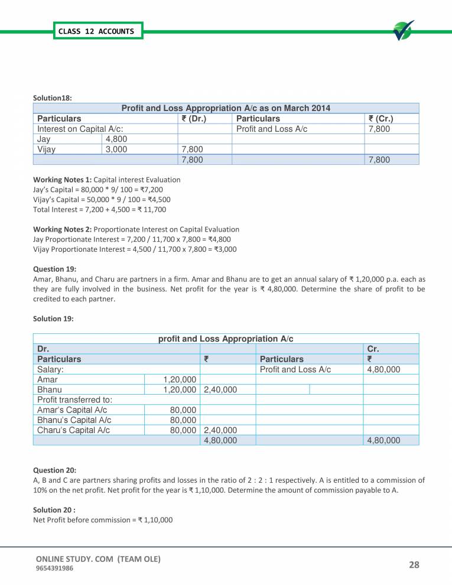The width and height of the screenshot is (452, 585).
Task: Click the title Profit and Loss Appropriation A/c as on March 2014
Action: click(225, 108)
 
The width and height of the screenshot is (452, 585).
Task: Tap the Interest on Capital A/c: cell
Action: click(80, 129)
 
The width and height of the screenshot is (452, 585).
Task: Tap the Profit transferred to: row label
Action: click(74, 400)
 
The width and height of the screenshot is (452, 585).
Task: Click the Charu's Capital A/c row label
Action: click(73, 430)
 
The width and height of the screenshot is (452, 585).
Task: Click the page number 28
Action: click(414, 564)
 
